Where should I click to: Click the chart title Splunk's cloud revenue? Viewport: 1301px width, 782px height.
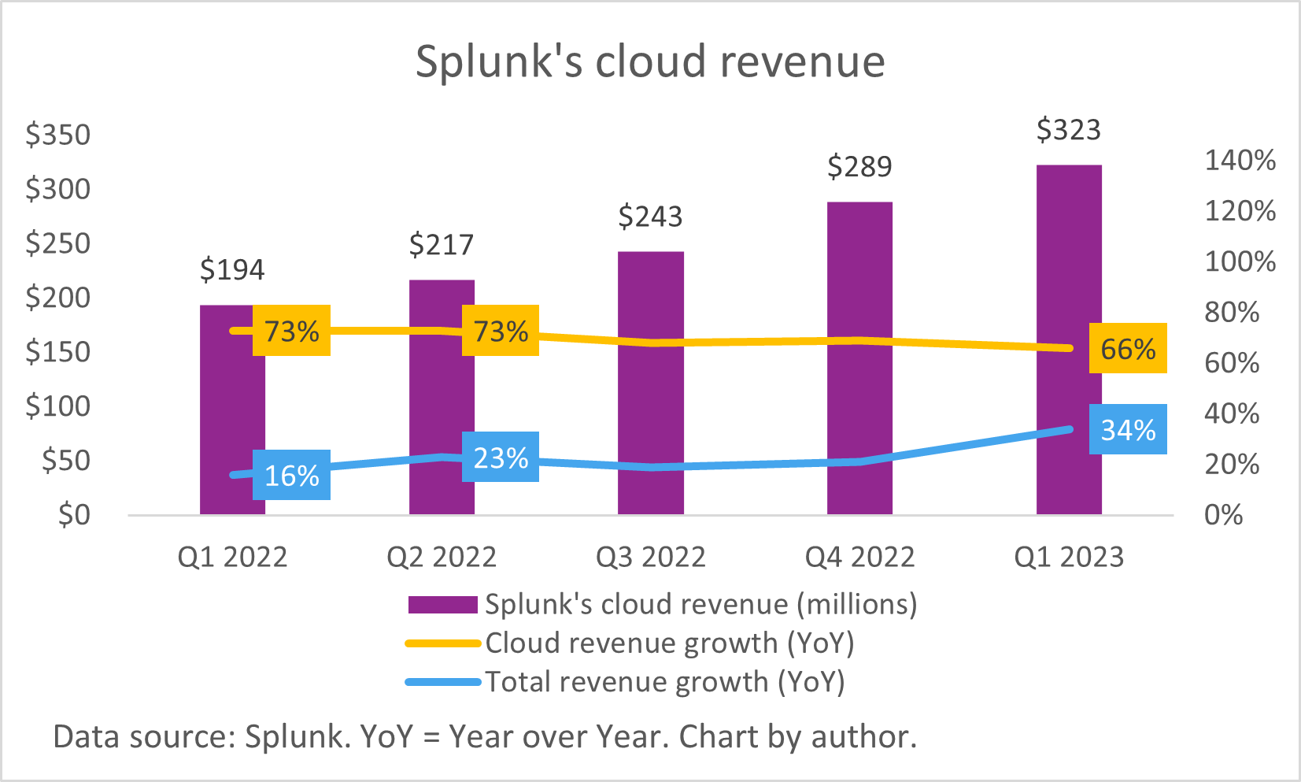(650, 61)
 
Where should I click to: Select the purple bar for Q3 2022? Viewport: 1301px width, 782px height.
(650, 410)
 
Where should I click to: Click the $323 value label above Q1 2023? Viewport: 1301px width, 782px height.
(1068, 130)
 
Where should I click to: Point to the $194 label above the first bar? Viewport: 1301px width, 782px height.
(232, 270)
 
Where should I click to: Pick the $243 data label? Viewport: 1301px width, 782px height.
(650, 217)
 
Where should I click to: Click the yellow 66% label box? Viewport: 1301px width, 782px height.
(1127, 348)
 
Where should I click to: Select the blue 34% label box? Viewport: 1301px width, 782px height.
(1127, 430)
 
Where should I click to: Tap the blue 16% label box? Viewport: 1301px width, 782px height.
(291, 475)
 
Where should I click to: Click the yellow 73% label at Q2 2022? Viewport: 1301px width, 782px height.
(500, 331)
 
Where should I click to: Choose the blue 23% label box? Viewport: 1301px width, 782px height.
(500, 457)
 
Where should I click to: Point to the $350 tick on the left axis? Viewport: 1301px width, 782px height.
(58, 135)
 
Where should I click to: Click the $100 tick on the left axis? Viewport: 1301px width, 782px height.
(58, 406)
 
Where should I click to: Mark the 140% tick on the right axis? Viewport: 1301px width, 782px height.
(1240, 161)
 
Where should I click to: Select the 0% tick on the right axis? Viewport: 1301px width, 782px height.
(1223, 515)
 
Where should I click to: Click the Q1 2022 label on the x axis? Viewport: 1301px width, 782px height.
(232, 558)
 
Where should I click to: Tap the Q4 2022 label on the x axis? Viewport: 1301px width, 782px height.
(859, 558)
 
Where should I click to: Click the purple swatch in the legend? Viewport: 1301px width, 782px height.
(442, 605)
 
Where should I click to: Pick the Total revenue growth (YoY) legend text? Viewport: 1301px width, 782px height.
(664, 682)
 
